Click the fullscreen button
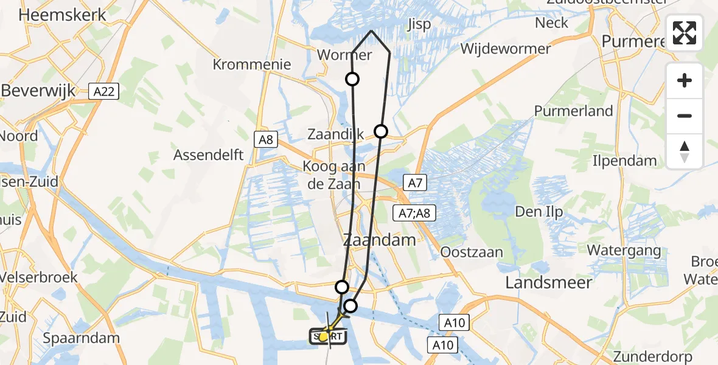685,33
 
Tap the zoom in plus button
685,80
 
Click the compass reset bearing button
685,151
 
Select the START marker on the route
328,336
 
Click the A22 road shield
105,91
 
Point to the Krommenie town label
252,64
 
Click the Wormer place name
344,55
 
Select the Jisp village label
419,24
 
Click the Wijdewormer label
506,49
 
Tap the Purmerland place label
573,111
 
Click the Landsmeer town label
549,282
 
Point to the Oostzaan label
472,252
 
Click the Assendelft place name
209,155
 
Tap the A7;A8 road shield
414,212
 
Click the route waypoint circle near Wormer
352,78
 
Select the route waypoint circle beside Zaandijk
381,131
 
